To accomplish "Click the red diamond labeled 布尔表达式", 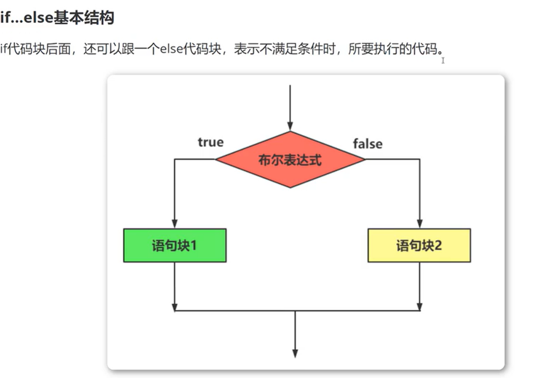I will coord(290,160).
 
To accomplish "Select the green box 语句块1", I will coord(175,246).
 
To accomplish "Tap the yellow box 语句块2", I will coord(419,246).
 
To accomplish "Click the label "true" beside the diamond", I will coord(210,142).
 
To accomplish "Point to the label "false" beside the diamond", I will coord(367,144).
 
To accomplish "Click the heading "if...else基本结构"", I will coord(57,18).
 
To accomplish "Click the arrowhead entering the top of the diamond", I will coord(290,126).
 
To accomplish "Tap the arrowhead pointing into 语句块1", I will coord(175,224).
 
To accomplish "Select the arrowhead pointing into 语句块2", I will coord(419,224).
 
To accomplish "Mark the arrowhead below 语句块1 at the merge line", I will coord(175,307).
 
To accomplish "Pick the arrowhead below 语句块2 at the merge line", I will coord(419,307).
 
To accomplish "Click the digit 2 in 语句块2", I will coord(438,246).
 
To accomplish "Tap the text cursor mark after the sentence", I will coord(443,60).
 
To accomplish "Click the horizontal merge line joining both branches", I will coord(242,311).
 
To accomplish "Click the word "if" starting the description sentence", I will coord(4,49).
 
